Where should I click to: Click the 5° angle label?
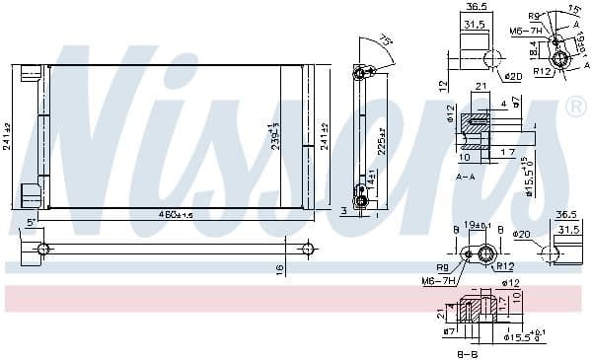click(32, 223)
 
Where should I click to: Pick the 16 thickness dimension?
click(280, 267)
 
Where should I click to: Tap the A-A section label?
click(467, 176)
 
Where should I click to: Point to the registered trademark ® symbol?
click(575, 106)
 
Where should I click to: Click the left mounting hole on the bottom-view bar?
click(41, 249)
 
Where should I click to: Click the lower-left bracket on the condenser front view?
click(32, 195)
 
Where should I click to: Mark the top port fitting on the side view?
click(361, 71)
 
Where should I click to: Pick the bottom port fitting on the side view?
click(361, 201)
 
